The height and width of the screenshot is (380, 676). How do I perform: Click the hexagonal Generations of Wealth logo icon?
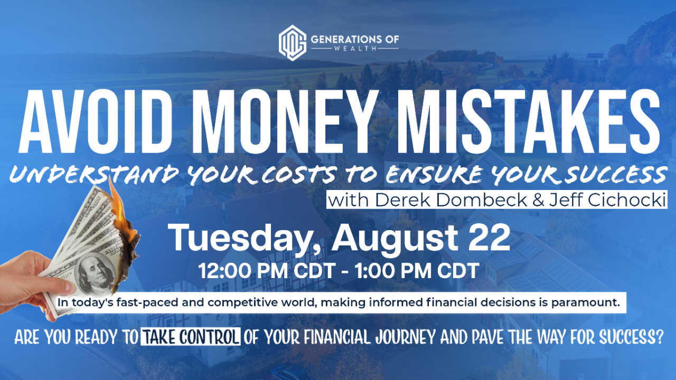click(x=292, y=43)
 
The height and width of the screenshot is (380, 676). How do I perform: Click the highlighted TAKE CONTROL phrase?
click(x=190, y=337)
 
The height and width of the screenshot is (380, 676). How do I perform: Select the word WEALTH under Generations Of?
click(x=354, y=49)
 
